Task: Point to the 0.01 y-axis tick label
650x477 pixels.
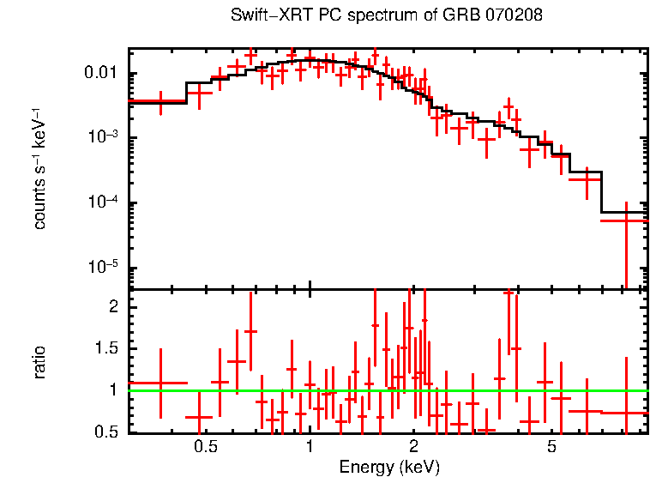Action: (x=102, y=74)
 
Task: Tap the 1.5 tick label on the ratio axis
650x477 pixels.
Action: (x=107, y=349)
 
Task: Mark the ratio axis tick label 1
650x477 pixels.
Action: (x=114, y=391)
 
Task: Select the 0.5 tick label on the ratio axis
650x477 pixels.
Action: (x=107, y=432)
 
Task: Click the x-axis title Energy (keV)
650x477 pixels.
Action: (x=388, y=467)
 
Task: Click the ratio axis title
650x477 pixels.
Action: (x=40, y=361)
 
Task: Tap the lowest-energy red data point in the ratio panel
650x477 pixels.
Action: (x=160, y=383)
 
